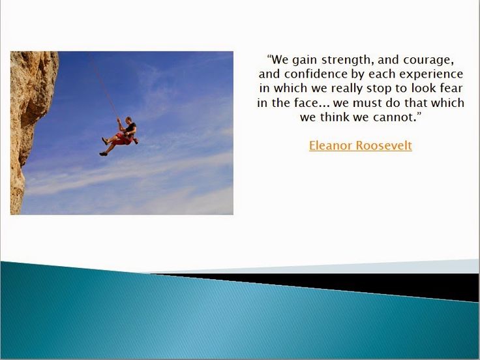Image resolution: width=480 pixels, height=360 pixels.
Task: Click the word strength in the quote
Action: pyautogui.click(x=347, y=60)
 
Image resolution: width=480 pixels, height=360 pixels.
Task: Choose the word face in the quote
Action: pyautogui.click(x=307, y=102)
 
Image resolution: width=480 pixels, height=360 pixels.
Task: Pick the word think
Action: pyautogui.click(x=335, y=117)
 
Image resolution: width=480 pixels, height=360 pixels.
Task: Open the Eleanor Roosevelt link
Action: pyautogui.click(x=360, y=145)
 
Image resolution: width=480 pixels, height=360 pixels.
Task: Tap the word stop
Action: pyautogui.click(x=380, y=89)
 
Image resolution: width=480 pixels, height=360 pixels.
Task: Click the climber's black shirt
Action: pyautogui.click(x=130, y=127)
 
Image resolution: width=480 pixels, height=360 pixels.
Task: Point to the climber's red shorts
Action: pyautogui.click(x=123, y=139)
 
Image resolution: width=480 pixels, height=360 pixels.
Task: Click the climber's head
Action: pyautogui.click(x=129, y=119)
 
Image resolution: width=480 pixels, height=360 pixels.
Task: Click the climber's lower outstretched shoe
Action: pyautogui.click(x=103, y=154)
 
